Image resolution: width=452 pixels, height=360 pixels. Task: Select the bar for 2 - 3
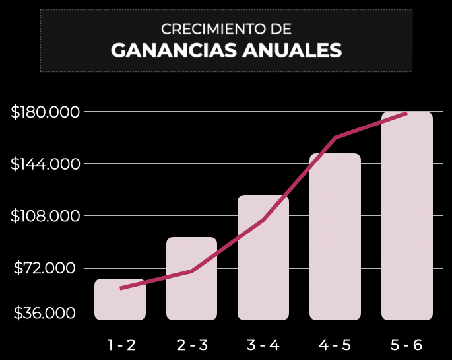(x=191, y=279)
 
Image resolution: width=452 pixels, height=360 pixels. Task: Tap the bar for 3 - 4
(x=263, y=258)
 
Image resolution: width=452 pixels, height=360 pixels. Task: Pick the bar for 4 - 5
(x=335, y=236)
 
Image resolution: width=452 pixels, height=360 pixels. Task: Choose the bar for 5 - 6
(x=406, y=216)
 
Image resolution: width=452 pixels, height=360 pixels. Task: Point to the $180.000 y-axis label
(x=46, y=112)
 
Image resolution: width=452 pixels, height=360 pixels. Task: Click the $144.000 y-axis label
(x=46, y=164)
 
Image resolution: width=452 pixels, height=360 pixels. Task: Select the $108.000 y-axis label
(x=46, y=216)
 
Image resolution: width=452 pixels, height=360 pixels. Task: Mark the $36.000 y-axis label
(x=46, y=312)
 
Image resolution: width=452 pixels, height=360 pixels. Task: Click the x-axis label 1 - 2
(x=121, y=345)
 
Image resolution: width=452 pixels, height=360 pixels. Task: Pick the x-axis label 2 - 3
(x=193, y=345)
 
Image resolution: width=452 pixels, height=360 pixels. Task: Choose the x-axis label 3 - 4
(x=263, y=345)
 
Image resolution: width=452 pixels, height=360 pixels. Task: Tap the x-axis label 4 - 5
(x=335, y=345)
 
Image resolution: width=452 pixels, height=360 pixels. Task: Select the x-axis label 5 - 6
(x=406, y=345)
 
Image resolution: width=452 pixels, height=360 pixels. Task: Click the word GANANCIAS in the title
(x=174, y=51)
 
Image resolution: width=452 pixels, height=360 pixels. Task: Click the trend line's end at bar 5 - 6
(x=406, y=113)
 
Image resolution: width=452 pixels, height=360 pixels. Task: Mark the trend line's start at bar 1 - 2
(x=121, y=288)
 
